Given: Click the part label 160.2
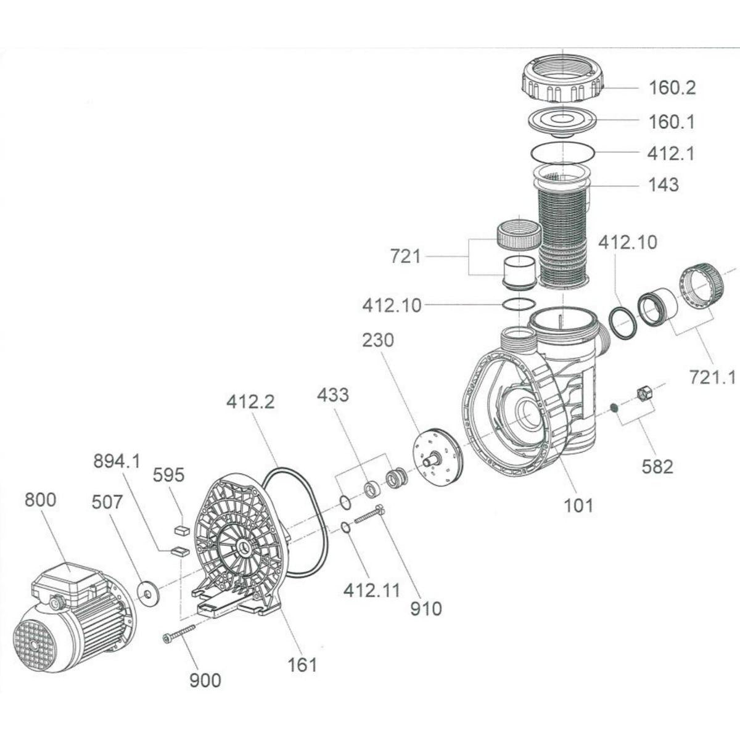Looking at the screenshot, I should [x=672, y=88].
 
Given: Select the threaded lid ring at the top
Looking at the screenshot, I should [x=562, y=80].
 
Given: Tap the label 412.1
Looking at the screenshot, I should [x=671, y=153].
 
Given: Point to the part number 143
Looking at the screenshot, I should [x=663, y=184].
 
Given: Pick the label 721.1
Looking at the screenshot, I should [x=712, y=376].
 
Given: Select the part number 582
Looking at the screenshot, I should [x=657, y=466].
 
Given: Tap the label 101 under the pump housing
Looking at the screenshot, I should [x=578, y=506].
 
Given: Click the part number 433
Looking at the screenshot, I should [x=334, y=395].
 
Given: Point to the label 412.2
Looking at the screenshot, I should [x=250, y=402].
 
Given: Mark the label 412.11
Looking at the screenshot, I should [x=372, y=591].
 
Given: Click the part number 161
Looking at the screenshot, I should [x=302, y=664].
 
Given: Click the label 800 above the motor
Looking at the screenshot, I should [x=41, y=499].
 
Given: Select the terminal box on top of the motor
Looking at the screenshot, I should [x=68, y=583].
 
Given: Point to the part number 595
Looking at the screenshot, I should [x=169, y=475].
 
